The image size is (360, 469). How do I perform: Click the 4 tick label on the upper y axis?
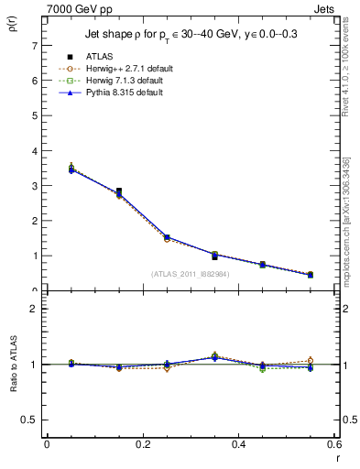click(x=34, y=150)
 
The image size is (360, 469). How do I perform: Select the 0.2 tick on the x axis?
click(x=142, y=444)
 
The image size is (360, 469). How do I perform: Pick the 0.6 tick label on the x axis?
click(x=333, y=444)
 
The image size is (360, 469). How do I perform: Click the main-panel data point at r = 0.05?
click(x=71, y=169)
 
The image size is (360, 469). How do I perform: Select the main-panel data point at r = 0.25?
click(x=167, y=237)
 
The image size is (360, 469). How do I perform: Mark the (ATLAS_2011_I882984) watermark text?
click(x=190, y=273)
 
